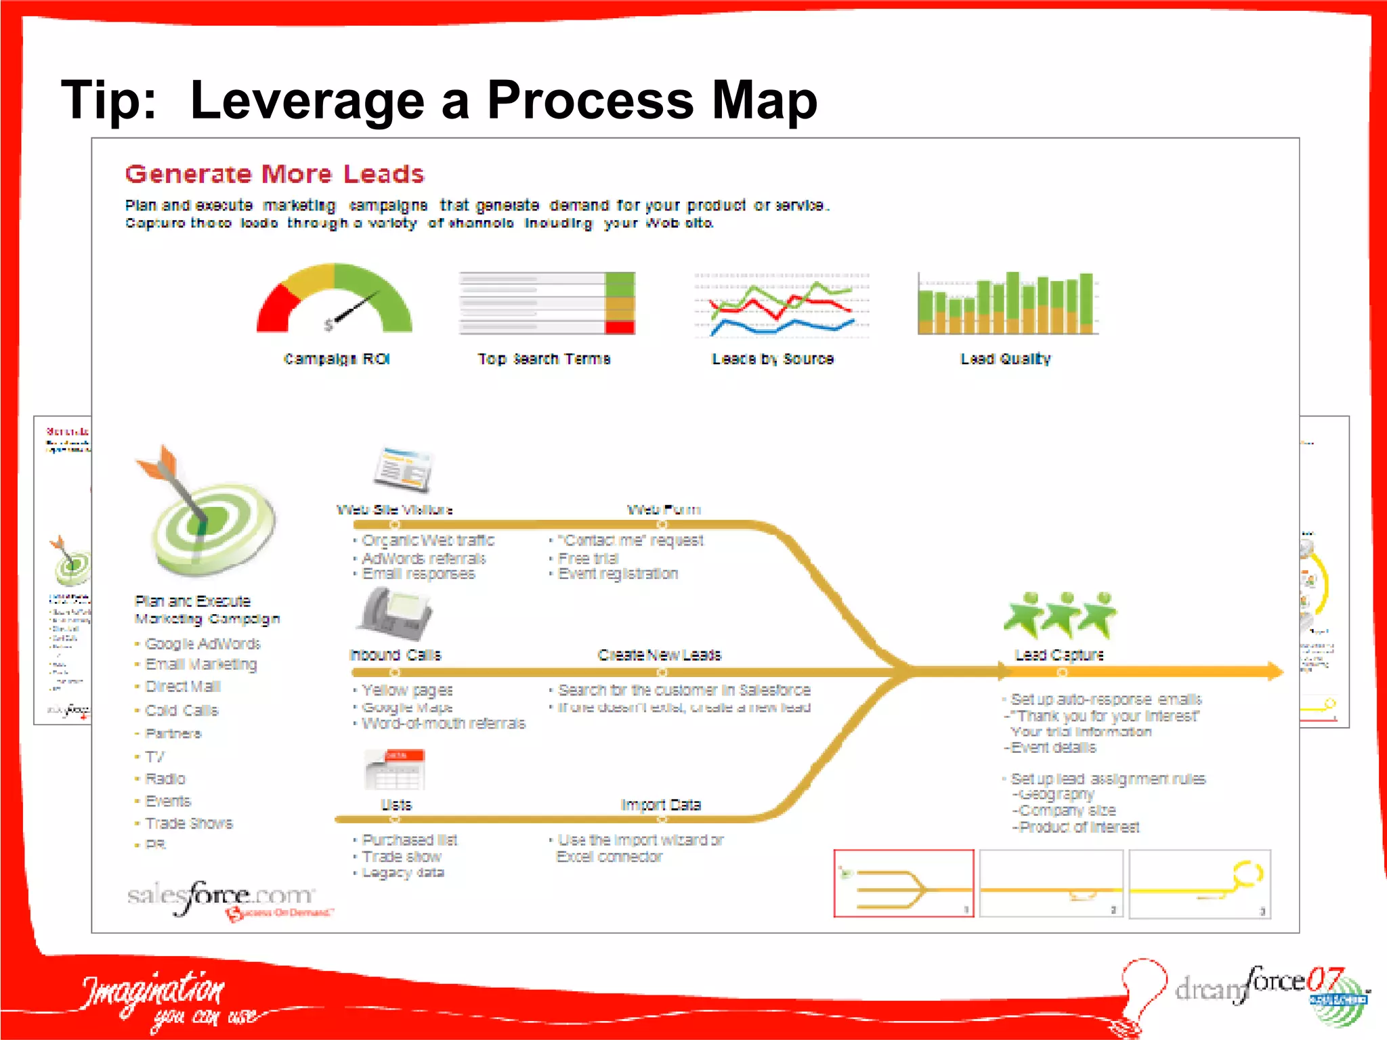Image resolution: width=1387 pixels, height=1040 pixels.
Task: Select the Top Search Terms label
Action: pyautogui.click(x=544, y=359)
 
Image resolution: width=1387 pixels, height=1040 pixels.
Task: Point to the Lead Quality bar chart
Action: pyautogui.click(x=1006, y=303)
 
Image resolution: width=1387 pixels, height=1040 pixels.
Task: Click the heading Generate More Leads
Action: pyautogui.click(x=274, y=174)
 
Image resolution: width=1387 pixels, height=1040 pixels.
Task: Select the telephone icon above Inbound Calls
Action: pyautogui.click(x=396, y=613)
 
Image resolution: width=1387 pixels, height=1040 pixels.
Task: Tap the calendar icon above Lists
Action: pyautogui.click(x=395, y=769)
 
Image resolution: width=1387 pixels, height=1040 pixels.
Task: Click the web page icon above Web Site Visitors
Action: pyautogui.click(x=404, y=469)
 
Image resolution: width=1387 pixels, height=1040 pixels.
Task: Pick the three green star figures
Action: pyautogui.click(x=1060, y=615)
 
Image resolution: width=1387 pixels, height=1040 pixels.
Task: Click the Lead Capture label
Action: pyautogui.click(x=1059, y=655)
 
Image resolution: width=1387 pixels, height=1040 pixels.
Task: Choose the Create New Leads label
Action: pyautogui.click(x=660, y=655)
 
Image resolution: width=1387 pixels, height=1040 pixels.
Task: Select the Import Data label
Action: pyautogui.click(x=661, y=804)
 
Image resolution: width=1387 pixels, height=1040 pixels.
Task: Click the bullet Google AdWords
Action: pyautogui.click(x=202, y=643)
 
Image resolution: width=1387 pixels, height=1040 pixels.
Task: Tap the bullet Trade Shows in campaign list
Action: pyautogui.click(x=189, y=823)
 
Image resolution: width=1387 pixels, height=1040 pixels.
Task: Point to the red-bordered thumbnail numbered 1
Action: pyautogui.click(x=903, y=884)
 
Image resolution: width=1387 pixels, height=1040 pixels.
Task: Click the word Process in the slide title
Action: pyautogui.click(x=590, y=100)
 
